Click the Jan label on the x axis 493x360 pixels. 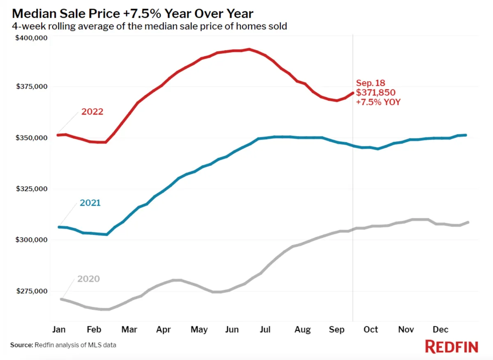click(59, 330)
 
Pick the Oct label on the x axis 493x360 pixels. click(371, 330)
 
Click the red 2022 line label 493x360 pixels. click(92, 112)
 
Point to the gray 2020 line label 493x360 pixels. click(88, 279)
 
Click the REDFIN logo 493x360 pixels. click(451, 346)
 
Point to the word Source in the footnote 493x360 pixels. click(21, 345)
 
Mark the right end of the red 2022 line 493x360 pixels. click(352, 93)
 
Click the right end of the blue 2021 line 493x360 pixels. click(465, 135)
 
